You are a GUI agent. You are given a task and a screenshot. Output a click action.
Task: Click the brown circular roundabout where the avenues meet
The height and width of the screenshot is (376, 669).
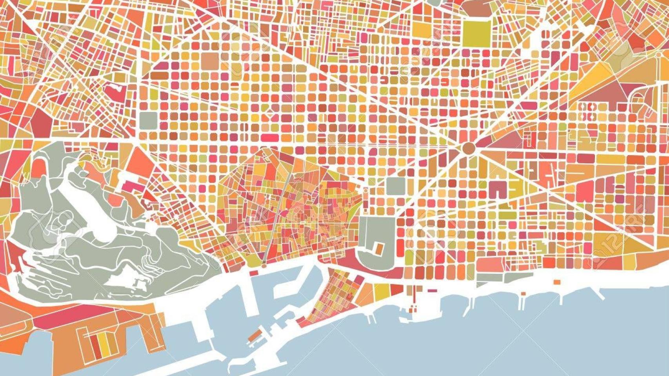point(468,148)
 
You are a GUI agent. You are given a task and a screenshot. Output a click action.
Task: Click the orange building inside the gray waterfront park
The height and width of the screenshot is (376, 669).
point(379,248)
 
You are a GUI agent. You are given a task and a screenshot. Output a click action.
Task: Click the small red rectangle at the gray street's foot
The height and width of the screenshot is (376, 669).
point(254,272)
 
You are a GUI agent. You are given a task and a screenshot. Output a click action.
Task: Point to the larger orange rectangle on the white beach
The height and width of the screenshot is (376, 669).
point(556,282)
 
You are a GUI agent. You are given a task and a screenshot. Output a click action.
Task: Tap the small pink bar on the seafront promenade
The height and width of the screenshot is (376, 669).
point(432,291)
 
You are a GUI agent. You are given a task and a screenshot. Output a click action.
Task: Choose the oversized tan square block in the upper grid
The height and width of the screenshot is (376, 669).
point(211,60)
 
